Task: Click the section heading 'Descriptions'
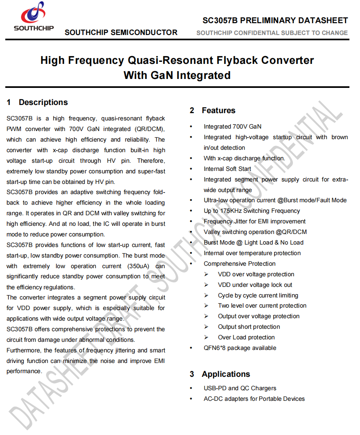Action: click(43, 103)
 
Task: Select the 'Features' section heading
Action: click(218, 111)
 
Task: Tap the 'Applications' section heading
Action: click(226, 374)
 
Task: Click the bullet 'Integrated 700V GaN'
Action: click(233, 127)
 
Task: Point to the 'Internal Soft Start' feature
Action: click(227, 169)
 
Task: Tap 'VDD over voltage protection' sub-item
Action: click(256, 274)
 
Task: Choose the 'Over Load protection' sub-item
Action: click(246, 337)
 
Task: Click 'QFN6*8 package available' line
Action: click(240, 348)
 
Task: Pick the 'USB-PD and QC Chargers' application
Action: click(240, 388)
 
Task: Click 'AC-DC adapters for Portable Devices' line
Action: click(254, 399)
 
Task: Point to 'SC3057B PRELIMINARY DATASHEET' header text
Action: click(275, 21)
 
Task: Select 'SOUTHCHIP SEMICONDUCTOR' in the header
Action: click(121, 33)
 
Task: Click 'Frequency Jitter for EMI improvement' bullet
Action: click(255, 221)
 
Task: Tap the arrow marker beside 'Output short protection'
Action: click(207, 327)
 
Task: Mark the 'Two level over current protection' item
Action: click(262, 306)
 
